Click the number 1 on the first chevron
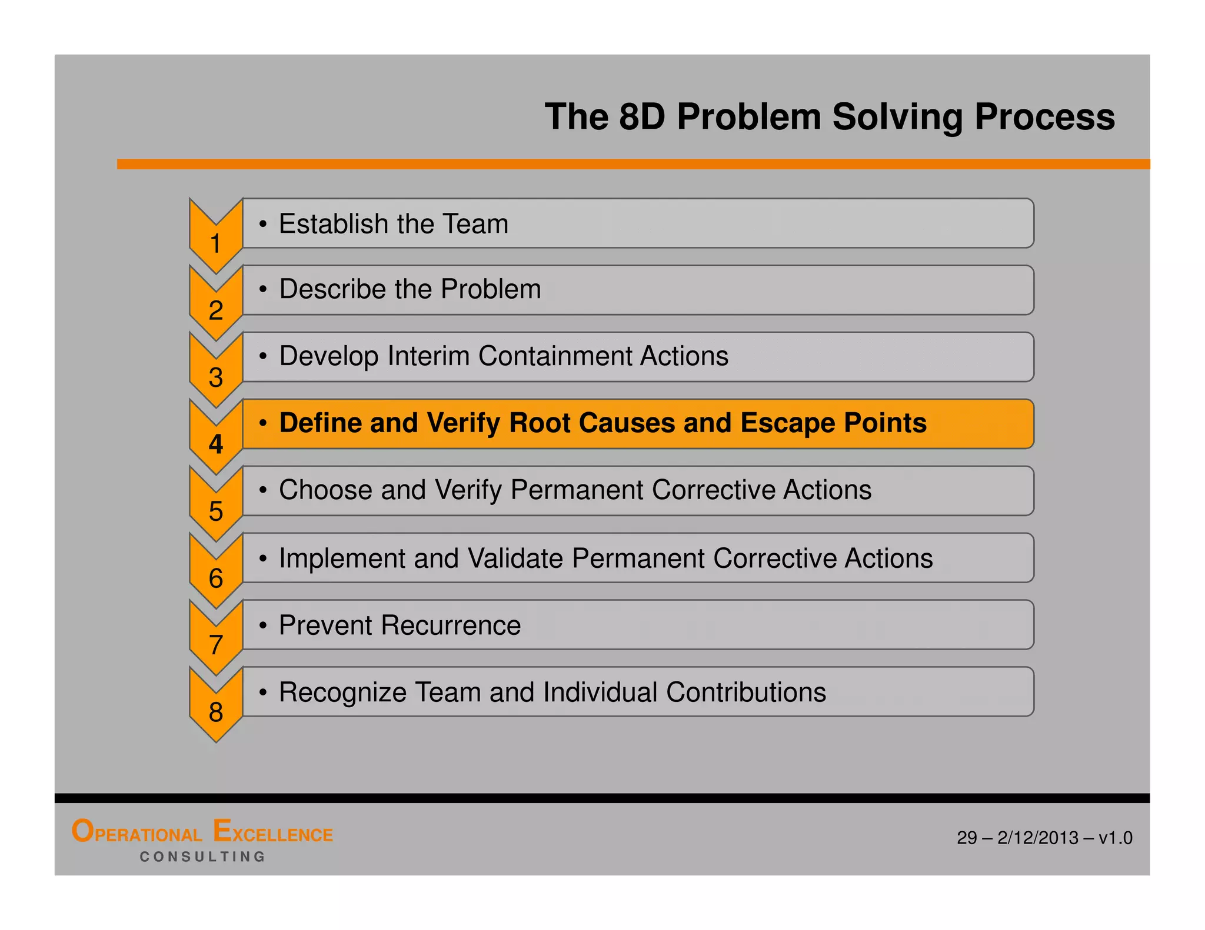pos(215,243)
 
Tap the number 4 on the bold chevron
pos(216,444)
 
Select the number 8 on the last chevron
pos(216,712)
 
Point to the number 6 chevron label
pos(216,578)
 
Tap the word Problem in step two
pos(491,289)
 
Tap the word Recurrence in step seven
pos(451,625)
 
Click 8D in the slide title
pos(641,116)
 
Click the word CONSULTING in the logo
pos(202,857)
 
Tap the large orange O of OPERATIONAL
pos(82,831)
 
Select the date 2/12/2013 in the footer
pos(1038,838)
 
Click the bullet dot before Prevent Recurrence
pos(263,625)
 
